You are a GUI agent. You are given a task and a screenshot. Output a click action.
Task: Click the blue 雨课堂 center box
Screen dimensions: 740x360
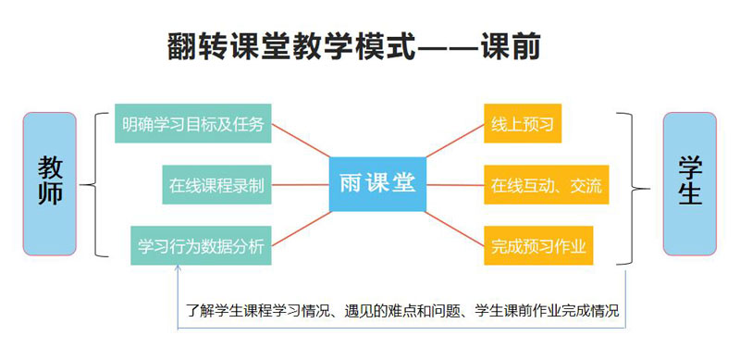coord(377,184)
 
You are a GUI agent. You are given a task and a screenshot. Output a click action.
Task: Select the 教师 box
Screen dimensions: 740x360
coord(50,184)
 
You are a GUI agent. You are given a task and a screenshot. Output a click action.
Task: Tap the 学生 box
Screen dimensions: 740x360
coord(689,184)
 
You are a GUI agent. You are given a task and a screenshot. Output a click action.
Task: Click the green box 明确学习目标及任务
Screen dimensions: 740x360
coord(193,123)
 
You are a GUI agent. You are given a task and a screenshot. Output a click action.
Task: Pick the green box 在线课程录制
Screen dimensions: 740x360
coord(216,185)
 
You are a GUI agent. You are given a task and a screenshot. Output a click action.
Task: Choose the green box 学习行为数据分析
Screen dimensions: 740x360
coord(201,245)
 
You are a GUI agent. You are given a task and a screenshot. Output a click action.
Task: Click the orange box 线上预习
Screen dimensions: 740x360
coord(523,123)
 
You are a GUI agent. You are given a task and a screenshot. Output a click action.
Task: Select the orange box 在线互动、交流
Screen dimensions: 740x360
coord(547,185)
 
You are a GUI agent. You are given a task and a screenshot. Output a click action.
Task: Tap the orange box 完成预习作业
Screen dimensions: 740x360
coord(538,245)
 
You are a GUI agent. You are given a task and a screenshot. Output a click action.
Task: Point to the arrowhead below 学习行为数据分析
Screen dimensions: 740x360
coord(178,268)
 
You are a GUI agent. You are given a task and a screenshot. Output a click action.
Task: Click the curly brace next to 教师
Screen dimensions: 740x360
coord(92,184)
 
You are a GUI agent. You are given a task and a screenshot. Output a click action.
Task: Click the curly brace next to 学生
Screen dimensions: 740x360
coord(632,188)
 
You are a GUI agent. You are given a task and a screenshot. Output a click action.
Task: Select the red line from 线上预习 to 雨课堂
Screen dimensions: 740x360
coord(455,141)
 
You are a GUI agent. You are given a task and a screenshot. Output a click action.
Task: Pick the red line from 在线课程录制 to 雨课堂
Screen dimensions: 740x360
coord(300,185)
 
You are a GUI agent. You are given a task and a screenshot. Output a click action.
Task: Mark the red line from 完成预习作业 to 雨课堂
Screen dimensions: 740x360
coord(455,230)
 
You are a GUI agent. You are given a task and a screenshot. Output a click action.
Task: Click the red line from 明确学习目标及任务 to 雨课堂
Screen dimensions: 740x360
coord(301,141)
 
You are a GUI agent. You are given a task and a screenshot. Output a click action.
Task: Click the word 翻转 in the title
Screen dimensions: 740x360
coord(198,47)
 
